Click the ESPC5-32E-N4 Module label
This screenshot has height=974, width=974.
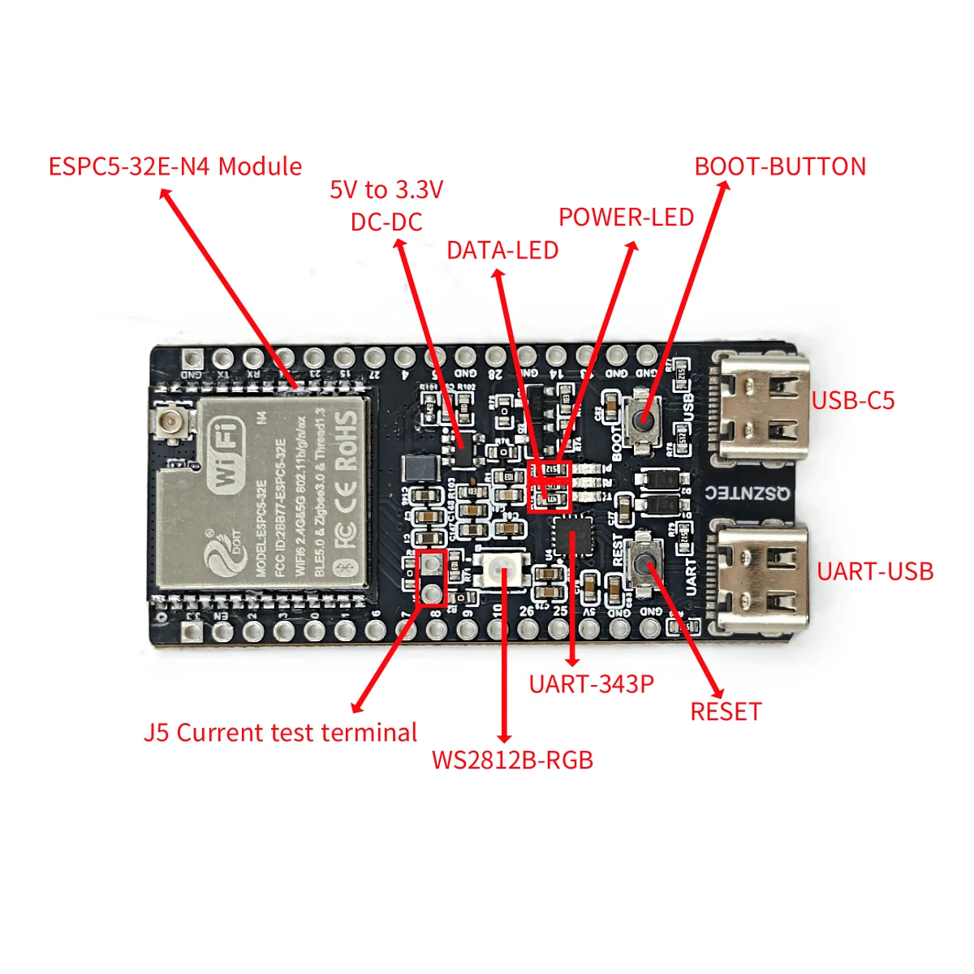pos(175,166)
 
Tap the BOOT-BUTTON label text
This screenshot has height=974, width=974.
pos(780,166)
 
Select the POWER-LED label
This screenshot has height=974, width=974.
pos(626,218)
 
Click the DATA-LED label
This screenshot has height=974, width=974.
pos(502,250)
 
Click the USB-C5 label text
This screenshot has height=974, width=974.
pos(853,400)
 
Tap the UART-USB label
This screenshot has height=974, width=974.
pos(875,571)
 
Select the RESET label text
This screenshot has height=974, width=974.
pos(726,712)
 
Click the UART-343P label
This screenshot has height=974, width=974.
pos(591,684)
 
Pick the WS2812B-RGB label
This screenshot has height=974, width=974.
pos(512,761)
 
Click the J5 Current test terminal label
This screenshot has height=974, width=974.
pos(280,733)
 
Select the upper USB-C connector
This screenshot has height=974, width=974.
pos(759,406)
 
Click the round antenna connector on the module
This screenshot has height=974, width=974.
pos(171,422)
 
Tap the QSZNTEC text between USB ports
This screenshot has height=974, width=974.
pos(747,493)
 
